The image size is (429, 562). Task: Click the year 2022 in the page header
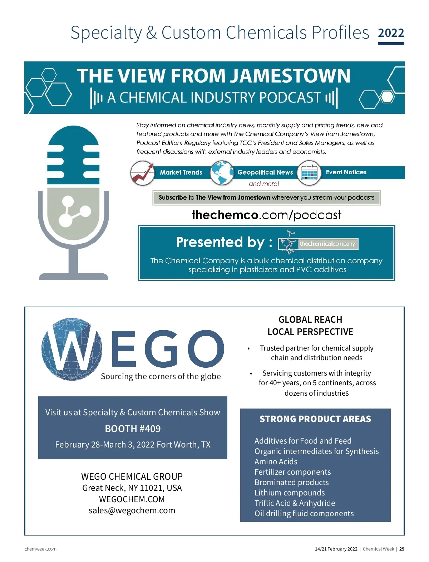[391, 33]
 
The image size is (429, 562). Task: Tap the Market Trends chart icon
[142, 173]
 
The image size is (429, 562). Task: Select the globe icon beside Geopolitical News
[222, 173]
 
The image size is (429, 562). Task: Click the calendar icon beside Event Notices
[309, 173]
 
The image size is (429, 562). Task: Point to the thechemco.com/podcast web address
[266, 215]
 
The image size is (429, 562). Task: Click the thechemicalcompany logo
[318, 243]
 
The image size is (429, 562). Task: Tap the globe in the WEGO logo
[71, 349]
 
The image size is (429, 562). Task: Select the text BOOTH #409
[133, 429]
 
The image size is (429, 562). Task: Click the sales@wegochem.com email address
[132, 510]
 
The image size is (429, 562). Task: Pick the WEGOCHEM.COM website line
[132, 499]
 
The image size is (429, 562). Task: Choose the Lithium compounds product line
[290, 493]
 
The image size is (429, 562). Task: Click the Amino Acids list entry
[276, 461]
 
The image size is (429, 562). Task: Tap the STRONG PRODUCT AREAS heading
[315, 419]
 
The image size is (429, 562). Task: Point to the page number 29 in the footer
[402, 549]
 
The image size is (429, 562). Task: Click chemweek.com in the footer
[40, 549]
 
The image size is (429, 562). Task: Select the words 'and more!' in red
[264, 184]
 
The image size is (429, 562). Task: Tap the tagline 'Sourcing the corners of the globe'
[161, 376]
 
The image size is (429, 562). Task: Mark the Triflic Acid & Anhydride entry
[295, 503]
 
